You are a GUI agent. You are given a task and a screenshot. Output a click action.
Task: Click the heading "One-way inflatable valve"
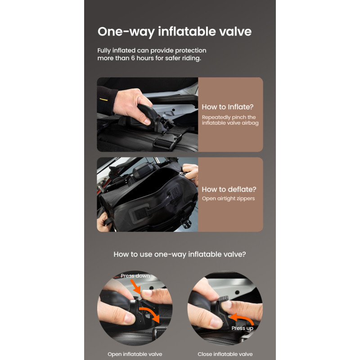(x=175, y=31)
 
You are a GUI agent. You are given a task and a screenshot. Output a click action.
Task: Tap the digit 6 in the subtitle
(x=133, y=58)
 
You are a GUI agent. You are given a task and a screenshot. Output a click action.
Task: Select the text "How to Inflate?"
(x=228, y=107)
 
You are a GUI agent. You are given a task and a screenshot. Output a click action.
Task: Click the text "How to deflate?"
(x=229, y=189)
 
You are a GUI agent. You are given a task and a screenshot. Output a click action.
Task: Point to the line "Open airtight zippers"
(x=228, y=198)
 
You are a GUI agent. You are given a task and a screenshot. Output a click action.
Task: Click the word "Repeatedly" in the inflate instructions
(x=216, y=117)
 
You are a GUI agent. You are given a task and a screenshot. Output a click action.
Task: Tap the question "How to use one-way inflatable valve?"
(x=180, y=254)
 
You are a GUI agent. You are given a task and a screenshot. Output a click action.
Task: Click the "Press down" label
(x=135, y=276)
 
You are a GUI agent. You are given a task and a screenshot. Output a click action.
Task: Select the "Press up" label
(x=242, y=328)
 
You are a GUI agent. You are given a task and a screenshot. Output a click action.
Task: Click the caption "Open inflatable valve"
(x=135, y=354)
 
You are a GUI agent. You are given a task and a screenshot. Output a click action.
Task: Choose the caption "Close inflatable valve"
(x=225, y=354)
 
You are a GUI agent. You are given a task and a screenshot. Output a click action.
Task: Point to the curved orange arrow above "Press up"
(x=242, y=318)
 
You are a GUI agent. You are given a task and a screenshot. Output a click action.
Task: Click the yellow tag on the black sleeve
(x=103, y=99)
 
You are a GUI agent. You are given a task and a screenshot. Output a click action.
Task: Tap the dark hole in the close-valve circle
(x=237, y=292)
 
